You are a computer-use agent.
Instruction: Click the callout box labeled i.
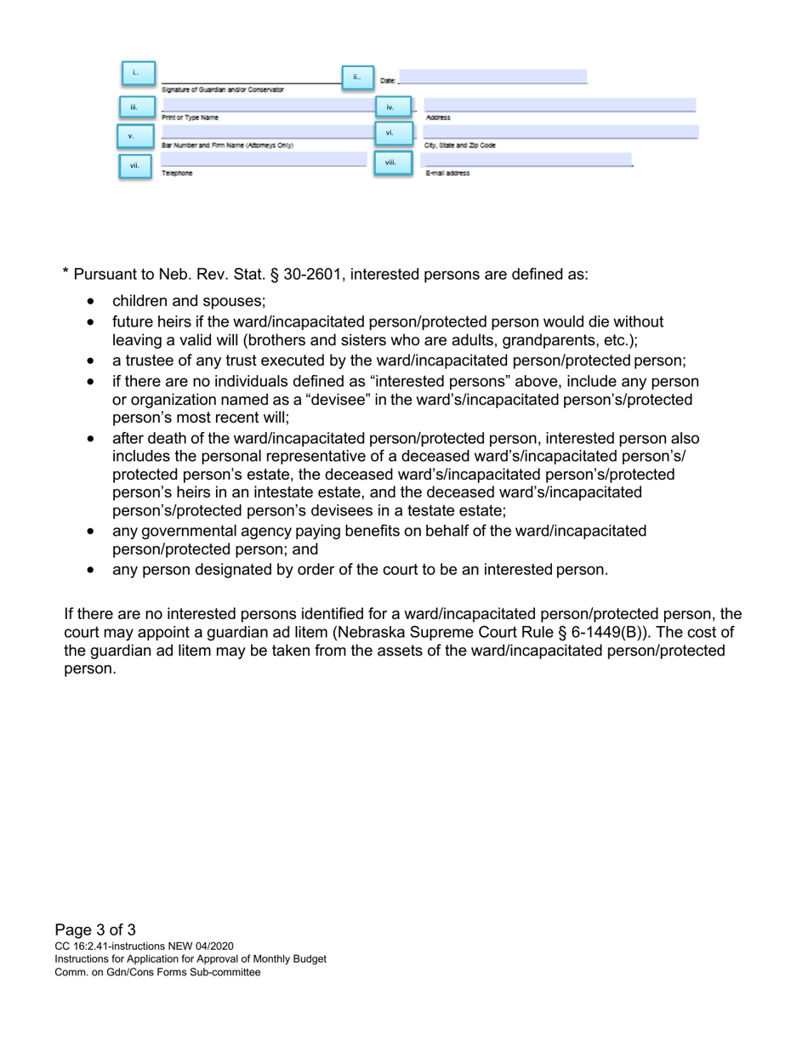[137, 73]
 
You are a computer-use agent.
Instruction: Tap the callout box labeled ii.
[357, 77]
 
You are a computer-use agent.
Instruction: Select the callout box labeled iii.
[134, 107]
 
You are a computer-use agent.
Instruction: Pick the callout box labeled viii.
[390, 162]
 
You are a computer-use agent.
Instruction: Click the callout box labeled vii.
[134, 166]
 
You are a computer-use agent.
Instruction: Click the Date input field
[492, 77]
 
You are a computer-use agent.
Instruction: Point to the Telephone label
[177, 173]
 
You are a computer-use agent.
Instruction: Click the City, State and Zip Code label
[460, 145]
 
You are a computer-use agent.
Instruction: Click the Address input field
[559, 105]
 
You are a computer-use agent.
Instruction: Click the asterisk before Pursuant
[65, 272]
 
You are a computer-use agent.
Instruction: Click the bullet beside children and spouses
[92, 301]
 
